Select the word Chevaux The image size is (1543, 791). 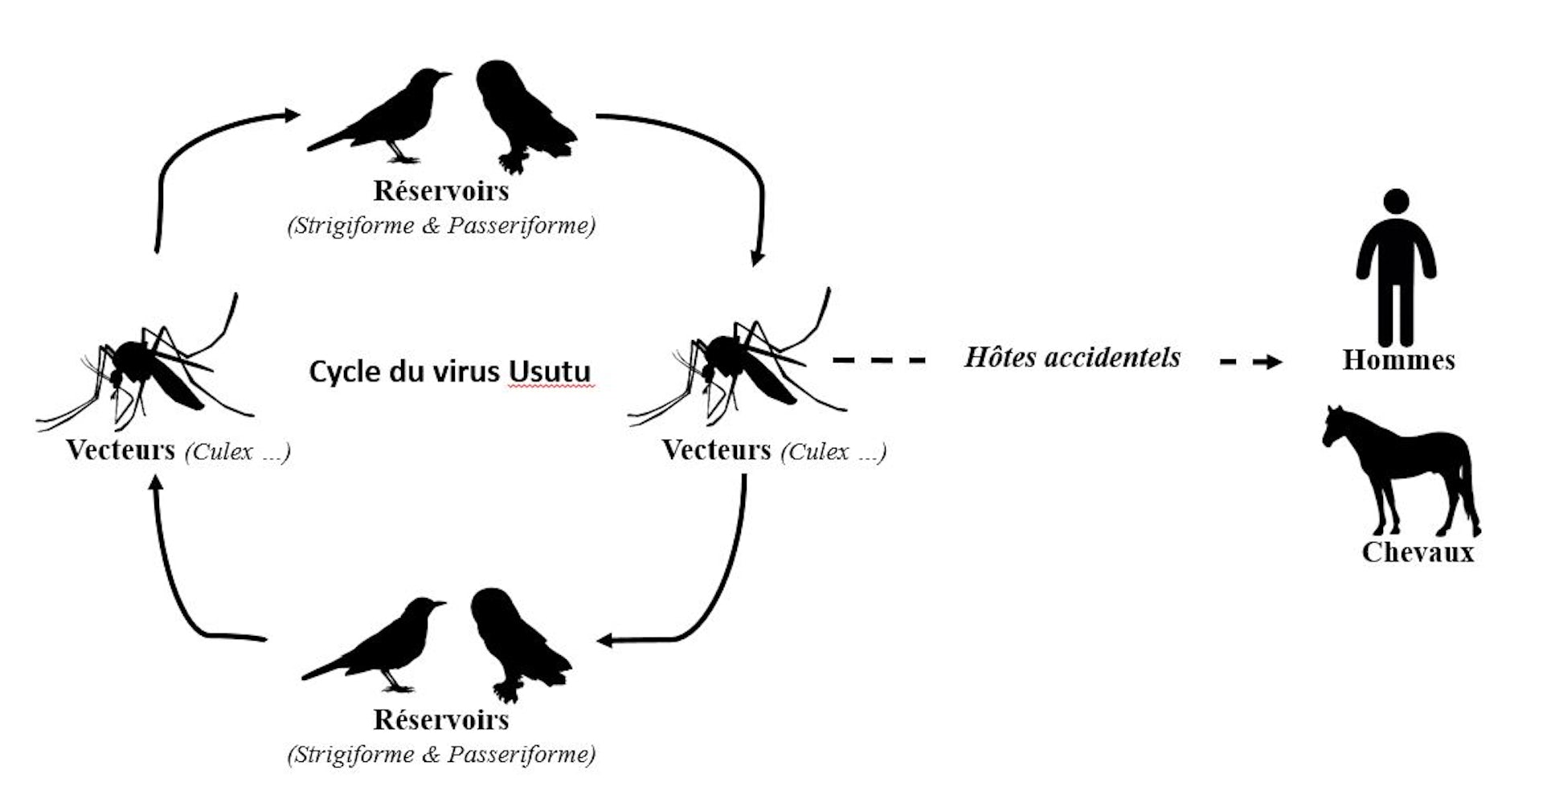point(1418,552)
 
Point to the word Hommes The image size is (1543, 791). point(1398,360)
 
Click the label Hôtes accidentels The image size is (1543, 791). point(1072,357)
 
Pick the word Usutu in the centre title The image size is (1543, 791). point(550,372)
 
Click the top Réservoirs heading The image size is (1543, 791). point(441,191)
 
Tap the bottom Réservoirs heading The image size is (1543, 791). point(441,719)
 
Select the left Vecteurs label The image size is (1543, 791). point(121,450)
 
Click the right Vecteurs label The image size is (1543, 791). point(716,450)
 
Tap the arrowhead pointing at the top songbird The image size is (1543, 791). point(291,116)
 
